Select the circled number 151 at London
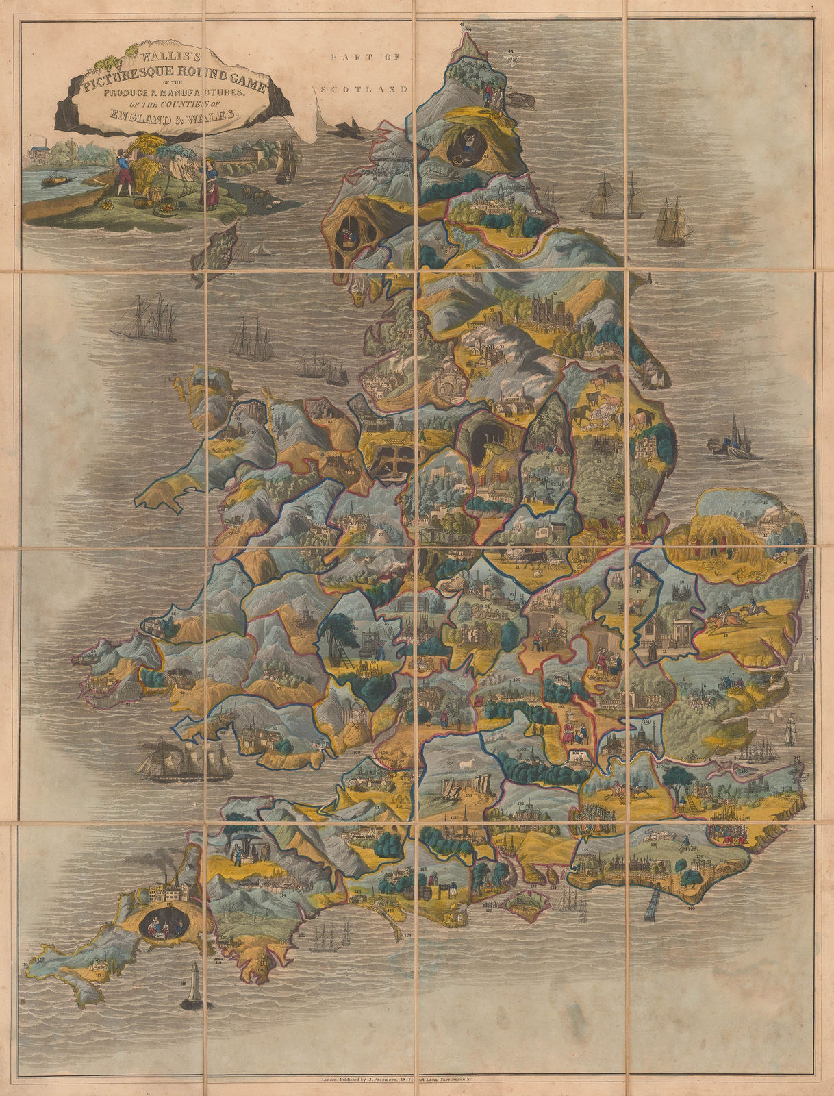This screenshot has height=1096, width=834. [646, 723]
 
